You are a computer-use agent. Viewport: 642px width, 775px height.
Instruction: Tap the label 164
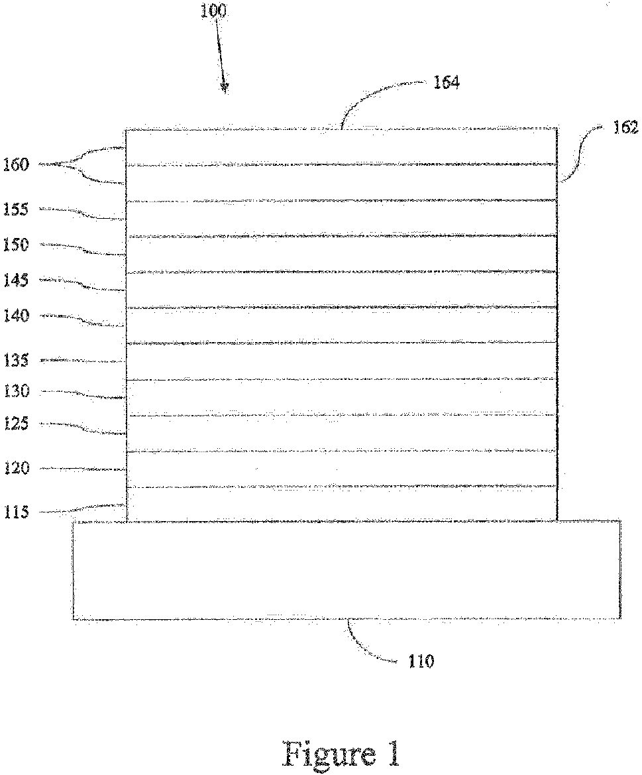[x=446, y=83]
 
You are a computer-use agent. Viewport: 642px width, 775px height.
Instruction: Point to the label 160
[x=15, y=164]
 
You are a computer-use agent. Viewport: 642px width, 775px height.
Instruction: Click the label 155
[x=15, y=209]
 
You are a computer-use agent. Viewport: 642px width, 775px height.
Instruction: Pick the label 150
[x=16, y=245]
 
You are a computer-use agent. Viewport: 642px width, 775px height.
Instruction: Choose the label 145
[x=15, y=280]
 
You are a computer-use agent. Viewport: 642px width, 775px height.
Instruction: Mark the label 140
[x=15, y=316]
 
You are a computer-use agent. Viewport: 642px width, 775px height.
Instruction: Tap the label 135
[x=15, y=361]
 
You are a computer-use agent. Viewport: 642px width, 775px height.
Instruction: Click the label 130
[x=15, y=392]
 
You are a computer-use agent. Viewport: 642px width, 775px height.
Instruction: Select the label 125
[x=15, y=424]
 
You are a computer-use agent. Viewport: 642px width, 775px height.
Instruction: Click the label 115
[x=15, y=512]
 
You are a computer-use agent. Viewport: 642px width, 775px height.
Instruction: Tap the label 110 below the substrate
[x=421, y=661]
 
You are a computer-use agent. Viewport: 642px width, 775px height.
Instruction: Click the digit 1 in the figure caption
[x=392, y=754]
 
